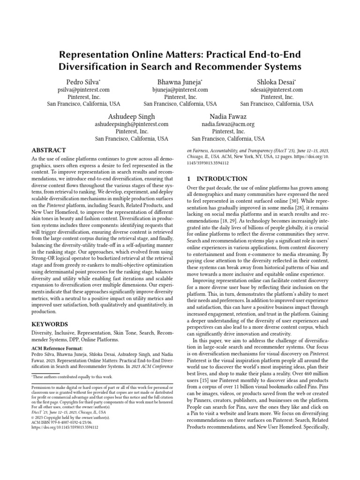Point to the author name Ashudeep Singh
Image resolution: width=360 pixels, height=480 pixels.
click(131, 116)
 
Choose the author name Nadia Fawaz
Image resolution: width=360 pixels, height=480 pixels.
click(228, 116)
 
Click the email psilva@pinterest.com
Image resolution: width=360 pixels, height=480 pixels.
click(84, 90)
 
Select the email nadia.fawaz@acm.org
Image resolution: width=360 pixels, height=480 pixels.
click(228, 124)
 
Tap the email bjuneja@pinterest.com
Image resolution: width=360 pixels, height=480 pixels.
click(180, 90)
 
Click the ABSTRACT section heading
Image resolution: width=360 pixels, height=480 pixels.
click(48, 150)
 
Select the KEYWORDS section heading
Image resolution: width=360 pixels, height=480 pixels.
click(49, 324)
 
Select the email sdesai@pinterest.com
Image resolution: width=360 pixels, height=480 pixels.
click(277, 90)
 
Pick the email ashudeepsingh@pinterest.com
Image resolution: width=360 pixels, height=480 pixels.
click(131, 124)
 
